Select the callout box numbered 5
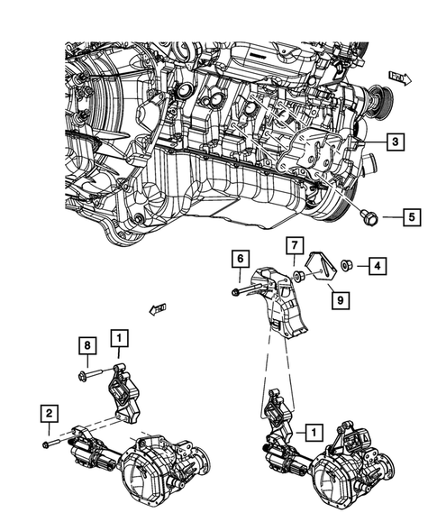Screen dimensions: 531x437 point(409,216)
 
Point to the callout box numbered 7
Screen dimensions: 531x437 point(294,245)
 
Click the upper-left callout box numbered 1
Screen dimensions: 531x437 point(118,339)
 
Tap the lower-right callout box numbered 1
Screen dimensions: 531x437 point(312,432)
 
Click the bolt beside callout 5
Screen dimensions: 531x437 point(369,217)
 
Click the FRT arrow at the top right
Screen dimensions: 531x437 point(399,78)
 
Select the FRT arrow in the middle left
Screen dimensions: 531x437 point(159,310)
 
